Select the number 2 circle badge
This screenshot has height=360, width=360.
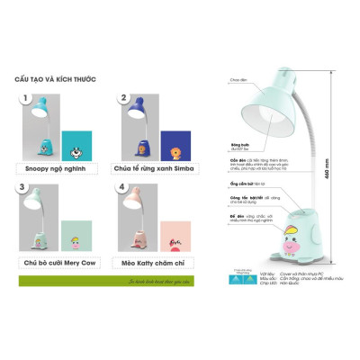[124, 98]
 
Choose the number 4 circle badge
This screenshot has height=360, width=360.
[124, 190]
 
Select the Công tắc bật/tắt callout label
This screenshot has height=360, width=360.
[246, 198]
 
